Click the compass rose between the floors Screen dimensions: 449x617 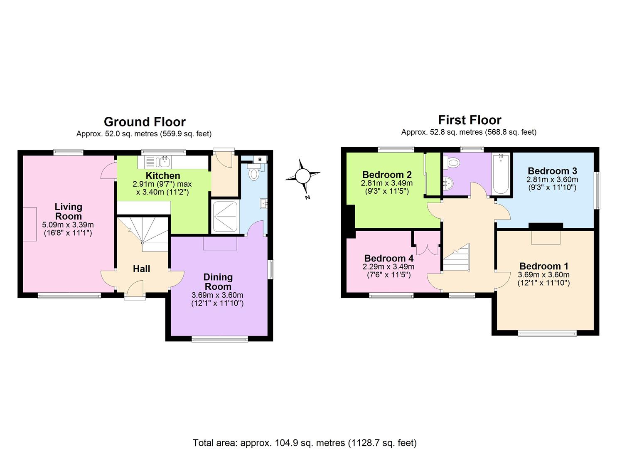click(303, 176)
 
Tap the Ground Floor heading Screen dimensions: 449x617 click(145, 122)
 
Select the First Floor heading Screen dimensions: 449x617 click(470, 120)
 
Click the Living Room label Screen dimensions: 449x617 click(69, 211)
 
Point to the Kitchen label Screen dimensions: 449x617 click(163, 175)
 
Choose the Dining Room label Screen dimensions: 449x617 click(218, 282)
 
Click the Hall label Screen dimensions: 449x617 click(141, 269)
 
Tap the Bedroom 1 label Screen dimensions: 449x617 click(543, 266)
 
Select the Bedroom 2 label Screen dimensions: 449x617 click(387, 175)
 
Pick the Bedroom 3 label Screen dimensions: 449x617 click(552, 171)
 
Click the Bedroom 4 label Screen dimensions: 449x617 click(388, 258)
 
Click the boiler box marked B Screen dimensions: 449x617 click(260, 159)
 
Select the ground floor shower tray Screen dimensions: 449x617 click(225, 217)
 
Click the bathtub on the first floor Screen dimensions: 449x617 click(501, 174)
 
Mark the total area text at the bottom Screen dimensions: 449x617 click(305, 442)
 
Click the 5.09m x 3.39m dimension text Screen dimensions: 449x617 click(68, 225)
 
